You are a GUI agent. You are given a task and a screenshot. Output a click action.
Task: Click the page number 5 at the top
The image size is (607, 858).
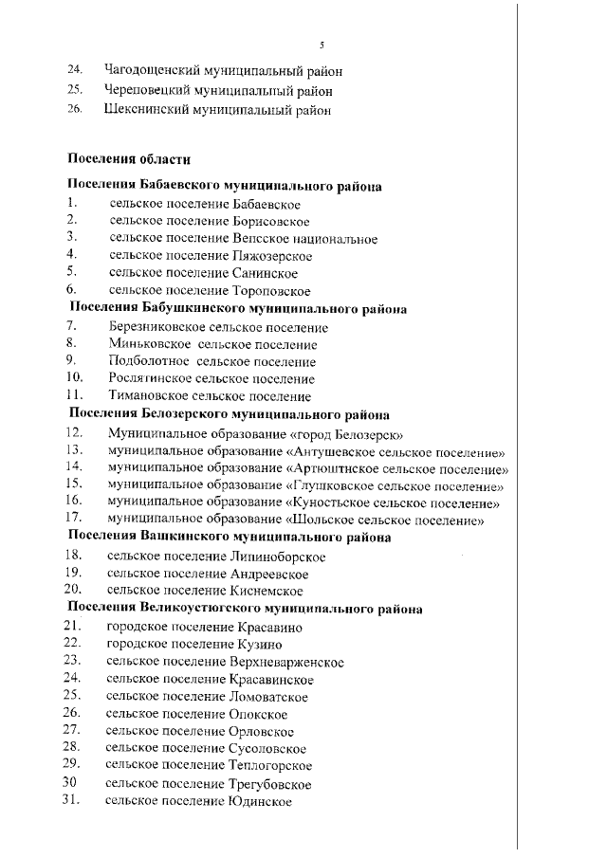pos(322,45)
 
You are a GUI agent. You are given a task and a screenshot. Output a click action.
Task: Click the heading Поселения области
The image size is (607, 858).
pos(122,159)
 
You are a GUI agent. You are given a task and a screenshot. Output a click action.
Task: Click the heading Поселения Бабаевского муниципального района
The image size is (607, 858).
pos(224,186)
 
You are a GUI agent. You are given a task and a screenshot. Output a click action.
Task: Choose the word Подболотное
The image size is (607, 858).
pos(147,361)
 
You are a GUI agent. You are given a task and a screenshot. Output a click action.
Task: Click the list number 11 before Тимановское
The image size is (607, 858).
pos(75,396)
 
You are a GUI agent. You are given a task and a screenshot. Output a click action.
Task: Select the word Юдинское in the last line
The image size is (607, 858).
pos(259,802)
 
